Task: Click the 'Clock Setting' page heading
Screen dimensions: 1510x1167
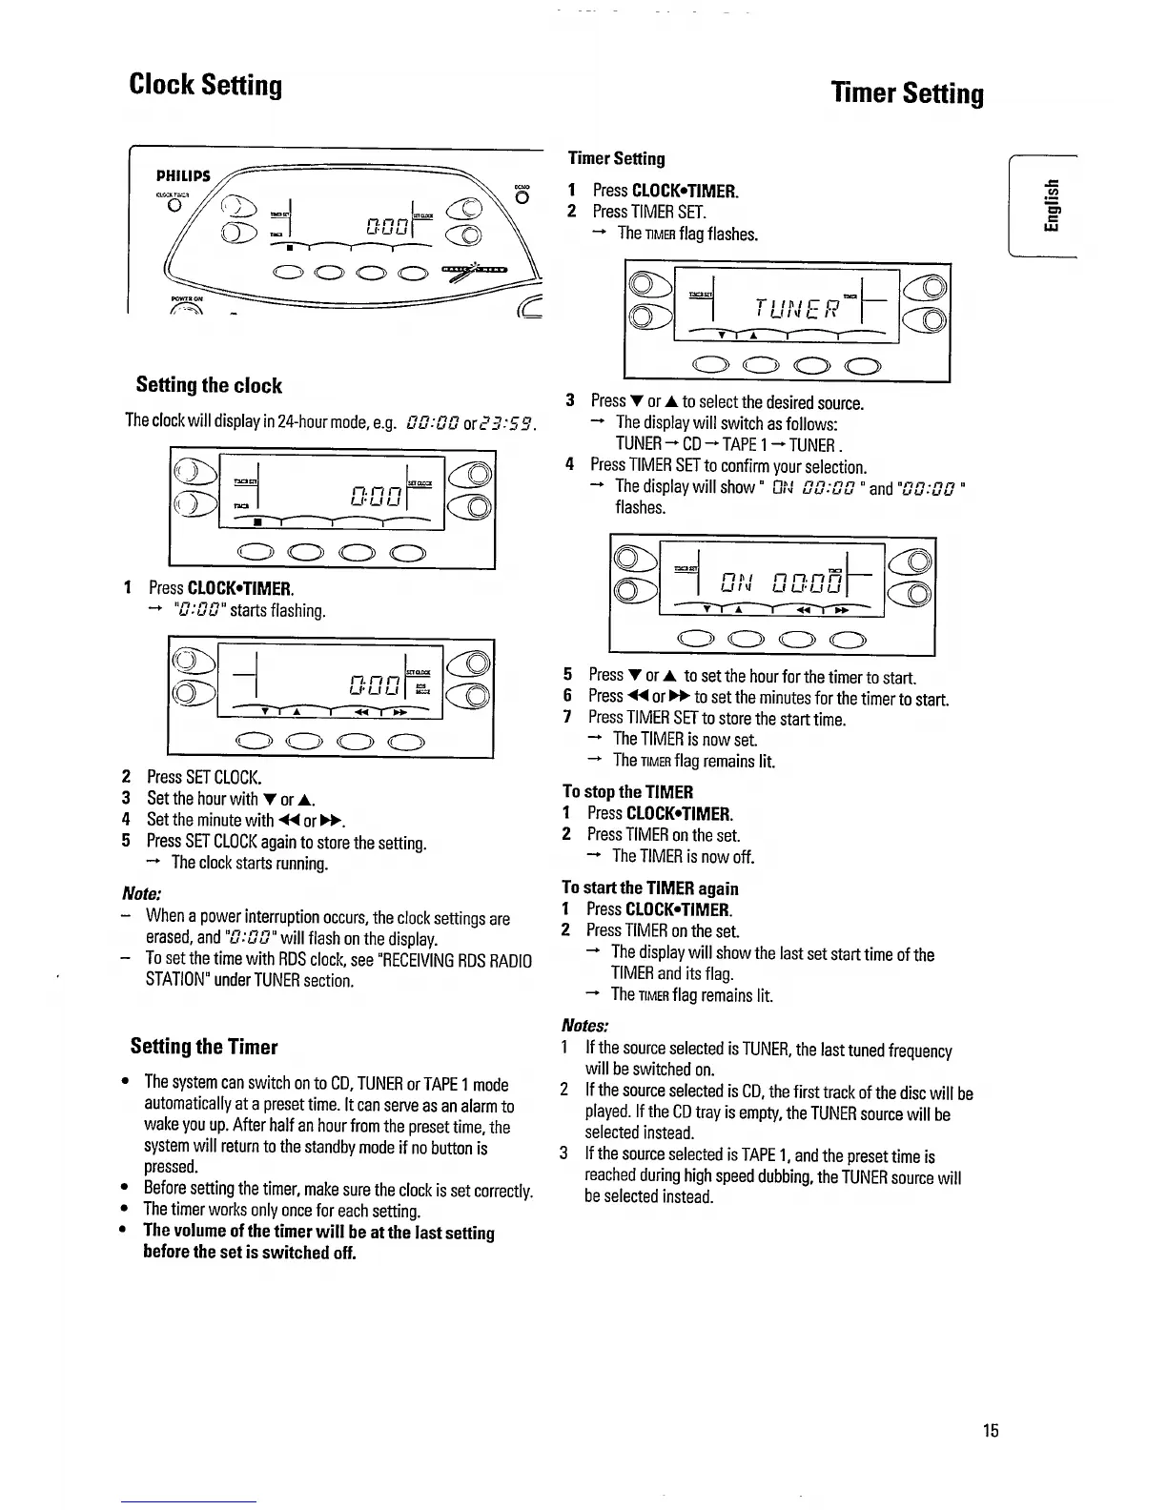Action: pyautogui.click(x=206, y=86)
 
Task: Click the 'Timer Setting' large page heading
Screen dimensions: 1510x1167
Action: pyautogui.click(x=907, y=93)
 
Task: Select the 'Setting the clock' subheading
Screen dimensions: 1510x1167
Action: pyautogui.click(x=209, y=385)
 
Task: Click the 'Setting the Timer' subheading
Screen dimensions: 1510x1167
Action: pyautogui.click(x=204, y=1047)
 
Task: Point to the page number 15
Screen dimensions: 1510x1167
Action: pyautogui.click(x=992, y=1430)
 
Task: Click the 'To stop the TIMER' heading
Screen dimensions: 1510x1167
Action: pyautogui.click(x=627, y=792)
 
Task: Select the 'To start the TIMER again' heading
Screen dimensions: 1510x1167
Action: pyautogui.click(x=650, y=888)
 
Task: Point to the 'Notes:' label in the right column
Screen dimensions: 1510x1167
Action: pyautogui.click(x=584, y=1026)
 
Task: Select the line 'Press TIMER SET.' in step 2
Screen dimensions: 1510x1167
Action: pyautogui.click(x=648, y=212)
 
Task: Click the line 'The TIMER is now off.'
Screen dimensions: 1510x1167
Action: pyautogui.click(x=683, y=856)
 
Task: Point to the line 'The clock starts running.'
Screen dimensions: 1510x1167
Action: pyautogui.click(x=250, y=864)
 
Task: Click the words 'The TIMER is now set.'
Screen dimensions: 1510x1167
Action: pyautogui.click(x=686, y=739)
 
